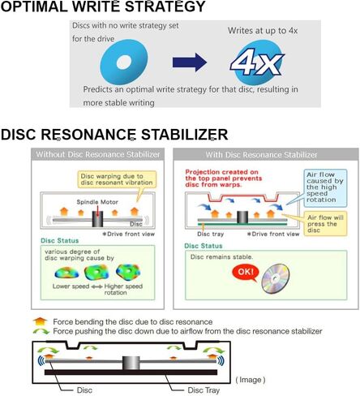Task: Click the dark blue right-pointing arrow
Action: (190, 62)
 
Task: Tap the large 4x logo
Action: (257, 62)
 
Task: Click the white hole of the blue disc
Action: (124, 62)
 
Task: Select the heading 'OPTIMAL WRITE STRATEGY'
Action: (103, 6)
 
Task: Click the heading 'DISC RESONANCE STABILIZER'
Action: (114, 135)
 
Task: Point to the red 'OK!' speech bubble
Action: (246, 273)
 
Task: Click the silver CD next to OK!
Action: (276, 279)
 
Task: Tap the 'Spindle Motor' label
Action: (97, 202)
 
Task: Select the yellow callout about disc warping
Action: (117, 179)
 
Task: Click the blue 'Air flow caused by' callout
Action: (325, 188)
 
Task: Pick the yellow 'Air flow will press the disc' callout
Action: (325, 224)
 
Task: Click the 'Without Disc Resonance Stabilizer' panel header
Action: (97, 154)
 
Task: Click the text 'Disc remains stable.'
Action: (221, 256)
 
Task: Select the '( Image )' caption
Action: (251, 380)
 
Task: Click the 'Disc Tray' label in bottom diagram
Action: (204, 390)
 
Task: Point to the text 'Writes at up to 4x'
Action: (263, 31)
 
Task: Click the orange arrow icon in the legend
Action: (40, 321)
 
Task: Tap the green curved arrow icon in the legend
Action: (41, 331)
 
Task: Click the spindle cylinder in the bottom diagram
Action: (131, 363)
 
